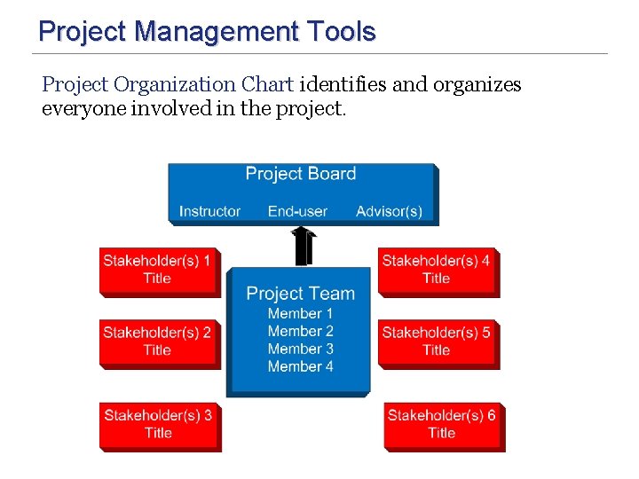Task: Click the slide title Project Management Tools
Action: (x=207, y=32)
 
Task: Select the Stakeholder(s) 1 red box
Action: (x=158, y=270)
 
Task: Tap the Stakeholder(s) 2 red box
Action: (x=158, y=342)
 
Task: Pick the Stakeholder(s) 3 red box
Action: (x=158, y=424)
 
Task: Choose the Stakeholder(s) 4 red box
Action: (x=437, y=270)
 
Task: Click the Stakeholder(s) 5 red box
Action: (x=437, y=342)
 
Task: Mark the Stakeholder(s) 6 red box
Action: (x=442, y=424)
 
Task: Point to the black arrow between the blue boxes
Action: (x=302, y=246)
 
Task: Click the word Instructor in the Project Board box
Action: (x=209, y=211)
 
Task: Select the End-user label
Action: (x=297, y=211)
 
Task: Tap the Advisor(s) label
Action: (x=389, y=211)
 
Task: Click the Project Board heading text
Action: (x=301, y=174)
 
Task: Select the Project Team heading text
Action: (x=300, y=294)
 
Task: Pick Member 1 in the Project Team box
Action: (x=300, y=313)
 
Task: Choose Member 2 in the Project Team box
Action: (x=300, y=331)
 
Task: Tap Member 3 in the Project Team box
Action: (x=300, y=349)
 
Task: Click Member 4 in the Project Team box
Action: (x=300, y=366)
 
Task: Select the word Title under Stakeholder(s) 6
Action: (x=441, y=433)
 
